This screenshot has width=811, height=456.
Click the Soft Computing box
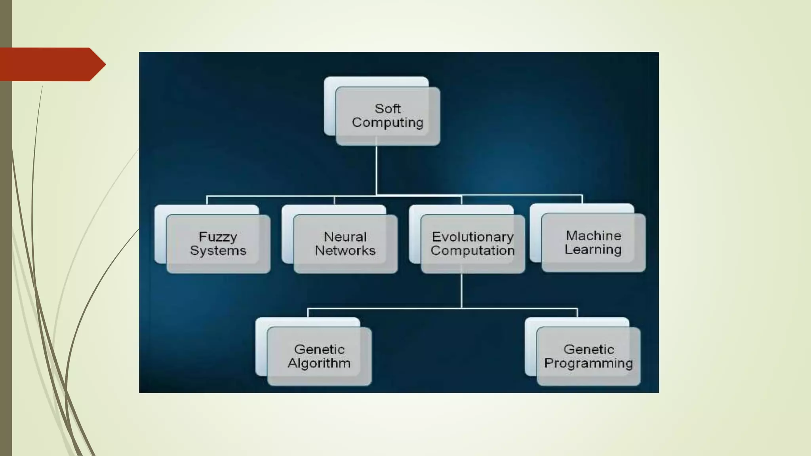(x=387, y=116)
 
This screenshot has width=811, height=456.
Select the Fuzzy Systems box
(x=218, y=243)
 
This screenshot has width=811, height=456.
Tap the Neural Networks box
(x=345, y=243)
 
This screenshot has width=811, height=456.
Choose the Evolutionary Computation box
(x=472, y=243)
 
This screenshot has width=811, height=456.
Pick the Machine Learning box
(x=593, y=242)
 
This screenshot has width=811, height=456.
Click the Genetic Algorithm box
(x=319, y=356)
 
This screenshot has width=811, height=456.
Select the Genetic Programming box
(x=588, y=356)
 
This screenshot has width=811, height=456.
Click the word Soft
(x=388, y=108)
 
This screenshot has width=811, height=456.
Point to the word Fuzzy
(x=218, y=237)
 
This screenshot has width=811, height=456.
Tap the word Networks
(x=345, y=251)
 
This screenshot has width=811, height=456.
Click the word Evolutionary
(x=473, y=237)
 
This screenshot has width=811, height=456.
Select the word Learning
(x=593, y=249)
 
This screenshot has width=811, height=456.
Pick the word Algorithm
(x=319, y=363)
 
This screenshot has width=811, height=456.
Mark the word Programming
(x=588, y=363)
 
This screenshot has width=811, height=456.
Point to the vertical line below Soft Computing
(x=376, y=170)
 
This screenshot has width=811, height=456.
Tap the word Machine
(x=594, y=236)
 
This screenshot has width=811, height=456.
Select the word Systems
(x=218, y=251)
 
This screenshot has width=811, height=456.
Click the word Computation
(x=472, y=251)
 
